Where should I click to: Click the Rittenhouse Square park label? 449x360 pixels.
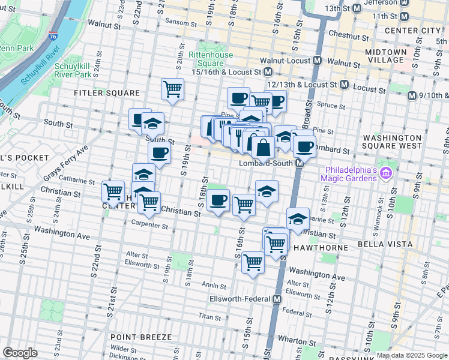point(206,59)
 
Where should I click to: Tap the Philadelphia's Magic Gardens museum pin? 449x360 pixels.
point(385,174)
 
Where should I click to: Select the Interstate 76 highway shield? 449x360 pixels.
point(53,37)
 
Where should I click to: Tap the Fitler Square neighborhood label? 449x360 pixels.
point(106,93)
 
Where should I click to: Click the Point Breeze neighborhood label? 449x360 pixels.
point(141,337)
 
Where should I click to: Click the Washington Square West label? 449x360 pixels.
point(393,142)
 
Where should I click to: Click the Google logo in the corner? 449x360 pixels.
point(20,353)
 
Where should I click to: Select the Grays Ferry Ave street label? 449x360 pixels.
point(65,161)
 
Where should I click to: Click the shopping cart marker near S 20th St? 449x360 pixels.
point(172,89)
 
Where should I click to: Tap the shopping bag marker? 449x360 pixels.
point(263,147)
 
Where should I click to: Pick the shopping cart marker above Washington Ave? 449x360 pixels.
point(253,262)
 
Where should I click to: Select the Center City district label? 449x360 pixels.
point(412,30)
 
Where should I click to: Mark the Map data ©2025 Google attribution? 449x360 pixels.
point(412,355)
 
